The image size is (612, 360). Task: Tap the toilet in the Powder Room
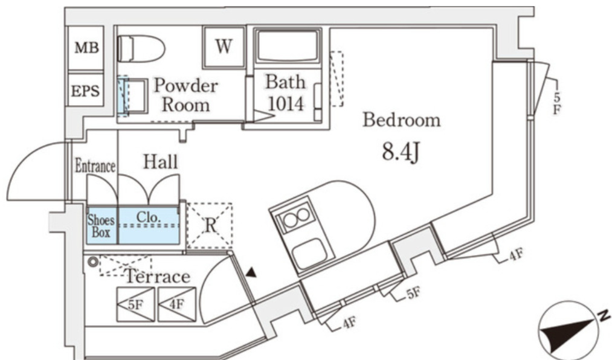click(x=141, y=48)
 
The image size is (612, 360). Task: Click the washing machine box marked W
click(x=224, y=47)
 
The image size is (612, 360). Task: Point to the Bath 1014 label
click(x=286, y=92)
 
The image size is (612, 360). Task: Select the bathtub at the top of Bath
click(x=287, y=46)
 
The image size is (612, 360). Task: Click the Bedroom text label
click(x=401, y=120)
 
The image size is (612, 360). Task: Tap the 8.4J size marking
click(x=401, y=152)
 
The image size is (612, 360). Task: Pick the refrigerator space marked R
click(x=210, y=225)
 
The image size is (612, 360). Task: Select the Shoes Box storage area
click(x=101, y=225)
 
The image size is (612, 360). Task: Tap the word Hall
click(x=160, y=162)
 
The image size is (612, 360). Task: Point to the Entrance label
click(x=95, y=166)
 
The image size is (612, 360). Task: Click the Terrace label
click(x=158, y=277)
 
